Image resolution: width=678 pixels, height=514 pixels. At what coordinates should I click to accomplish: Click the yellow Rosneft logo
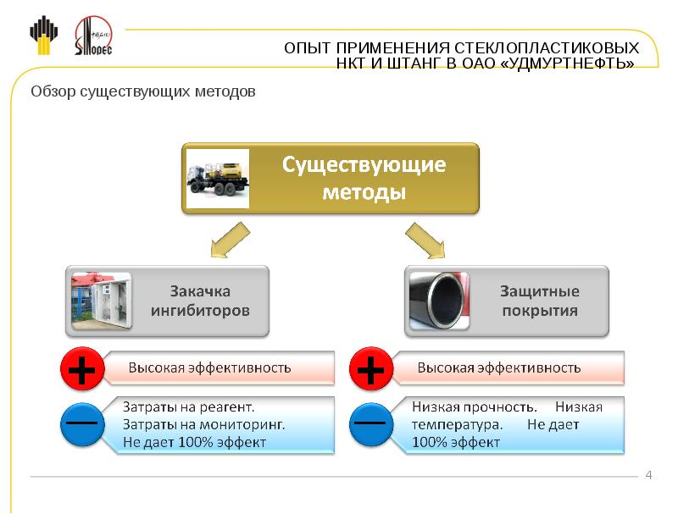44,36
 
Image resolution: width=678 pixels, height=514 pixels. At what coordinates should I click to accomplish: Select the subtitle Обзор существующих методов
142,91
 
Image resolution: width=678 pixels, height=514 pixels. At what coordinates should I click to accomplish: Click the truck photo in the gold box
218,177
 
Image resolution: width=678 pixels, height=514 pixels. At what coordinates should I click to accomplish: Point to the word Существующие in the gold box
364,164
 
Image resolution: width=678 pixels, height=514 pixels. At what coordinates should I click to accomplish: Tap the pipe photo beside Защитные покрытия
440,301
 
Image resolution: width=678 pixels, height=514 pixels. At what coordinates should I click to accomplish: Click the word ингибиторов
200,311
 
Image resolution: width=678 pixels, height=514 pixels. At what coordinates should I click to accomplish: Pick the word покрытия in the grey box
540,311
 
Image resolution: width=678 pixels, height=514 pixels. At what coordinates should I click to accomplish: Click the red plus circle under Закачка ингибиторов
82,368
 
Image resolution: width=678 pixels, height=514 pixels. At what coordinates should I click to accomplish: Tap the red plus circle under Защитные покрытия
370,368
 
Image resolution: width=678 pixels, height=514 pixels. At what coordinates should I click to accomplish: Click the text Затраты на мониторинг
203,424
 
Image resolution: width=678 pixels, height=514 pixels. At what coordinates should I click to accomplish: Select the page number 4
649,475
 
